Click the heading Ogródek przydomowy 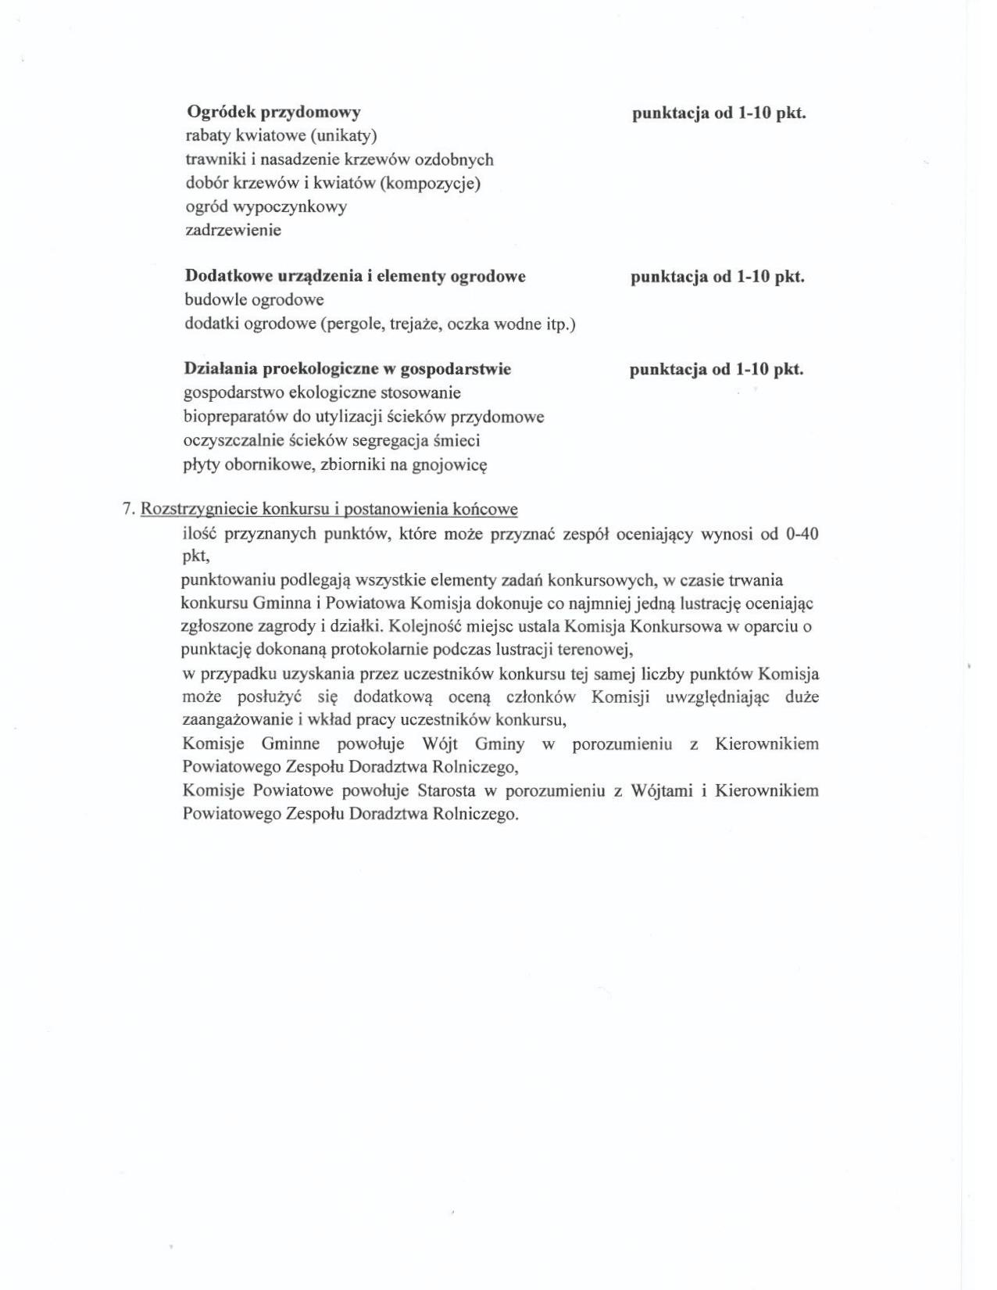coord(273,113)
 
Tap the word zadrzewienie coord(233,230)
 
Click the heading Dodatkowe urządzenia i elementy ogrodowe coord(355,276)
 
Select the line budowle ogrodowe coord(254,299)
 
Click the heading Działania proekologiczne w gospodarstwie coord(348,369)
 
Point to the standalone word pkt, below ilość coord(195,557)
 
